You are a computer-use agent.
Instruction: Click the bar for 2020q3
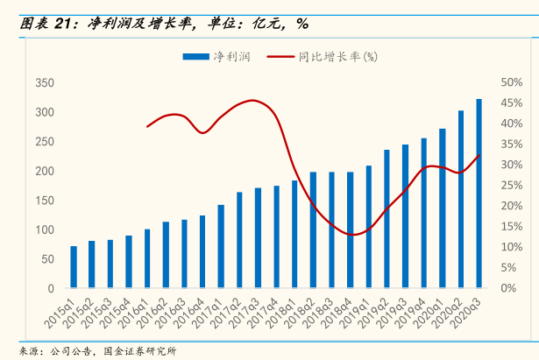[479, 194]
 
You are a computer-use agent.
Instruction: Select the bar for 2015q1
[74, 267]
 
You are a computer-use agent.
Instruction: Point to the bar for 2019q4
[423, 213]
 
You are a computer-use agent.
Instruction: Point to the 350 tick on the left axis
[45, 83]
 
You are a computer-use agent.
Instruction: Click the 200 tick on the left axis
[45, 171]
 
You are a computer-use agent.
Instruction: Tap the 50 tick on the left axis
[48, 258]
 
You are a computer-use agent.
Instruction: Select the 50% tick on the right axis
[511, 82]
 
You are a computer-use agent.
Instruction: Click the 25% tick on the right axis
[511, 185]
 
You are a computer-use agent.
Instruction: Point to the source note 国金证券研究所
[140, 351]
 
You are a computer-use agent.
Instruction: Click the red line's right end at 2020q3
[479, 156]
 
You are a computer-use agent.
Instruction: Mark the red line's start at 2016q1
[147, 127]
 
